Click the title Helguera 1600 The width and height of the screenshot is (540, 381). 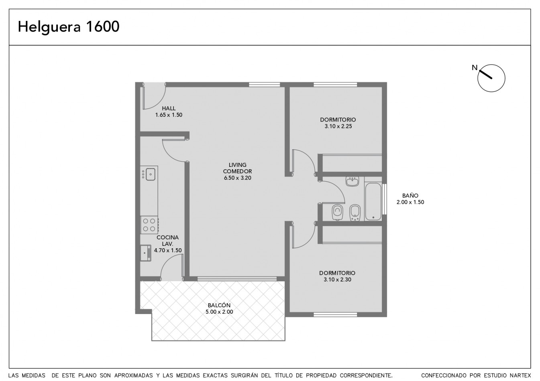[69, 27]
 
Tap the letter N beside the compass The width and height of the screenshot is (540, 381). [475, 68]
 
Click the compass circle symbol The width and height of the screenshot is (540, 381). [491, 78]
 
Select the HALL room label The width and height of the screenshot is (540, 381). [169, 108]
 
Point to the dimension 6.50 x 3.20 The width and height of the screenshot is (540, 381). [237, 178]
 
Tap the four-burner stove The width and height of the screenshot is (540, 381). [149, 225]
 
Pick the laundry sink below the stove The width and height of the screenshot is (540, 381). [146, 253]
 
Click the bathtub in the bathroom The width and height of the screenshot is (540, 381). [373, 202]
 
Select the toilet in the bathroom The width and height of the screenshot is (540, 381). [338, 212]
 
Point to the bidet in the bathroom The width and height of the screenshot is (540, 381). [355, 213]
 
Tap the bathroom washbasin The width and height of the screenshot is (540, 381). [352, 181]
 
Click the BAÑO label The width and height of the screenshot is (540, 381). [410, 196]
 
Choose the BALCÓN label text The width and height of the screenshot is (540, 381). [219, 305]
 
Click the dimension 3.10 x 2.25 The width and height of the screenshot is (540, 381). [338, 126]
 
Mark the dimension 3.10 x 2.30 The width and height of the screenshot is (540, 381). [337, 280]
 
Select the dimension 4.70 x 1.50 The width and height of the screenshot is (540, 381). [168, 251]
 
